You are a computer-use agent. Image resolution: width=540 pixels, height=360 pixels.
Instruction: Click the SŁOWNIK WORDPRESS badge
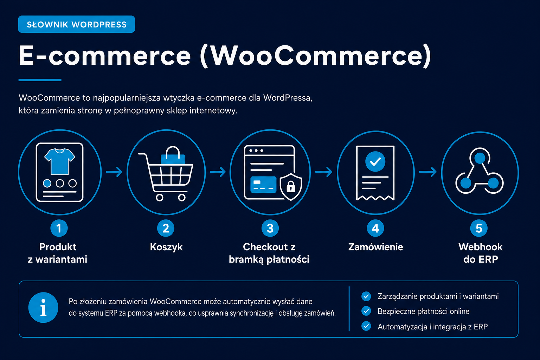tap(76, 24)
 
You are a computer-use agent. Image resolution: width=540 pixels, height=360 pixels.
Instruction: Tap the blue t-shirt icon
tap(59, 161)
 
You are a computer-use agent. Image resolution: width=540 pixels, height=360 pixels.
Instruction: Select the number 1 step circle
tap(59, 228)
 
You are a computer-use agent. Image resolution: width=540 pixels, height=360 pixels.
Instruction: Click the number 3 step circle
tap(270, 228)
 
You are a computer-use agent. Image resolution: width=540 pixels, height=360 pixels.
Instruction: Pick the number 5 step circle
tap(479, 228)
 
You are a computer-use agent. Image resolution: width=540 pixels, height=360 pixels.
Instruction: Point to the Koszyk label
tap(166, 247)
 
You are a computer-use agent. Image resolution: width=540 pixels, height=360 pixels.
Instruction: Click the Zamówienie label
tap(375, 247)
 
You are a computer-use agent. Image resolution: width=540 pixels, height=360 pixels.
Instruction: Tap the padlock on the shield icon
tap(291, 186)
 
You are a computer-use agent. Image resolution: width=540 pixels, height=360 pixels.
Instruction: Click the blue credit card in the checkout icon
tap(263, 185)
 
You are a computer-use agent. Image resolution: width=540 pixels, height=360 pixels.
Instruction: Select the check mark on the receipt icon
tap(375, 162)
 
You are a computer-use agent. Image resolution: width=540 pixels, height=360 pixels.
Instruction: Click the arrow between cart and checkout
tap(218, 172)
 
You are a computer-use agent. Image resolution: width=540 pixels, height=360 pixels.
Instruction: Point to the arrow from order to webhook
tap(428, 172)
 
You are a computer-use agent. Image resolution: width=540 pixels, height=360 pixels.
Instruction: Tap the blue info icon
tap(43, 307)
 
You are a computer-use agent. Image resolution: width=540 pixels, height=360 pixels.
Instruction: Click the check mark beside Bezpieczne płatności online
tap(366, 311)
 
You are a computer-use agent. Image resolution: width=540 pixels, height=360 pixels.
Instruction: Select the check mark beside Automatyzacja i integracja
tap(366, 326)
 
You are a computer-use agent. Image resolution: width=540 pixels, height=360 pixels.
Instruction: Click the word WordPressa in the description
tap(288, 98)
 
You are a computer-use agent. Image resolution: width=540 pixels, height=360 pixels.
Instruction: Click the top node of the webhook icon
tap(480, 158)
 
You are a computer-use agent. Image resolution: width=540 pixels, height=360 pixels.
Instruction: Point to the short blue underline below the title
tap(40, 80)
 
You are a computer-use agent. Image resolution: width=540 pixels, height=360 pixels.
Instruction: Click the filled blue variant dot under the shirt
tap(47, 183)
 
